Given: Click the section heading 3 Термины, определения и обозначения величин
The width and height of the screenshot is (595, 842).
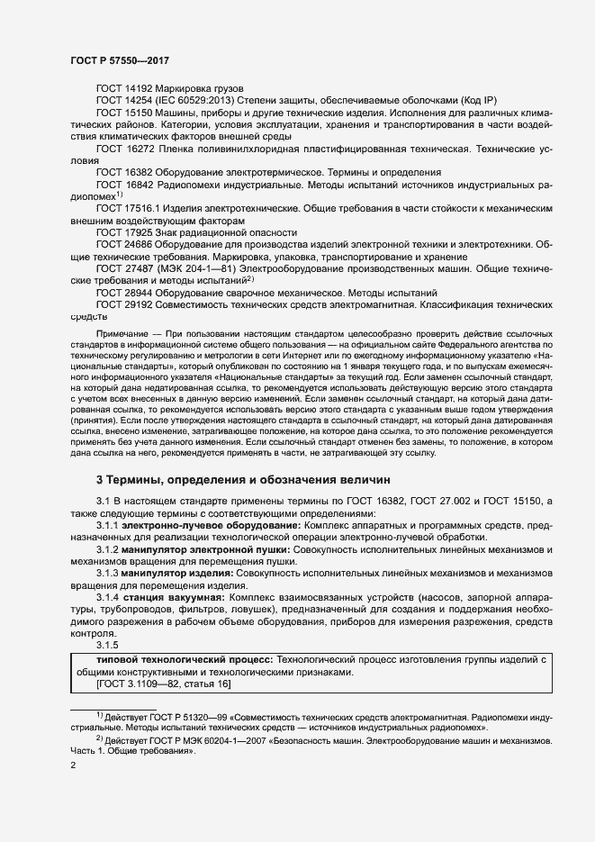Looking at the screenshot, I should [244, 480].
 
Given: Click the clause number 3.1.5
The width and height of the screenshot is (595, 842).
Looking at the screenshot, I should [109, 645].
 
